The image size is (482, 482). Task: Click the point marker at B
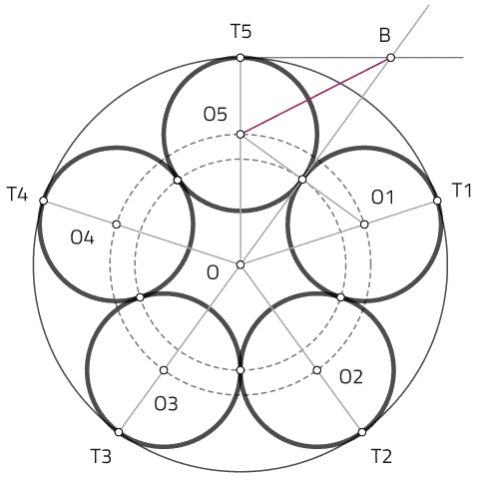(390, 58)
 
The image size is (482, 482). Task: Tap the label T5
(241, 32)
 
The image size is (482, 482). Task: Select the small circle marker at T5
(241, 58)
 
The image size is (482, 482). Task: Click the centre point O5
(241, 135)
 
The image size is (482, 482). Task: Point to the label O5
(216, 114)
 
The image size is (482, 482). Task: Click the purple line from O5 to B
(315, 96)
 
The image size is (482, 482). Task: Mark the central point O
(241, 264)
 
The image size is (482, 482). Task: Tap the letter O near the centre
(213, 273)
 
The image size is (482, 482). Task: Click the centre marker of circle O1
(364, 225)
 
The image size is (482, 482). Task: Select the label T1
(462, 191)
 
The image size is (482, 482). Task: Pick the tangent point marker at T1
(437, 201)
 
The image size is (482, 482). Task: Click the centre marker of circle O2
(317, 370)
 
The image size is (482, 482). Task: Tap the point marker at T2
(362, 432)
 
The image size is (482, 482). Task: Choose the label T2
(381, 456)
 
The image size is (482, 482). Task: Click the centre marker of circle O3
(164, 370)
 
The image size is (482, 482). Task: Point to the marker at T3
(119, 432)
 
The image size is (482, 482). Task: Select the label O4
(82, 239)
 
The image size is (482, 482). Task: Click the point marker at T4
(43, 201)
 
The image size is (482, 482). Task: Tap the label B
(385, 36)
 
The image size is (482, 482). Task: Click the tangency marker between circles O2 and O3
(241, 370)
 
